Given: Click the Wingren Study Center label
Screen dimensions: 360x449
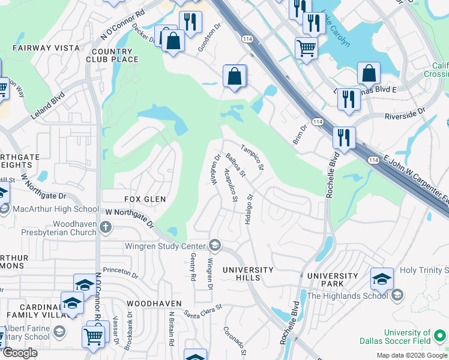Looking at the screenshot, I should click(x=166, y=245).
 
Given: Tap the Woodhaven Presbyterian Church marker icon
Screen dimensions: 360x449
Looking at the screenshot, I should click(x=106, y=227).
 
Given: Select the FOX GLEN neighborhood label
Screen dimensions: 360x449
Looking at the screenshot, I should click(x=128, y=199).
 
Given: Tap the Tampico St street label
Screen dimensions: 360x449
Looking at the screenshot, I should click(x=252, y=157).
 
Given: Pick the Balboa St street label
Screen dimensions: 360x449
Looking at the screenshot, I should click(x=235, y=166).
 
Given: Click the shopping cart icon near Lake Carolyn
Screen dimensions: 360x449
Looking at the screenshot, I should click(x=306, y=47).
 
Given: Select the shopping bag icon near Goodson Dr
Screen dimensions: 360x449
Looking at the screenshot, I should click(x=235, y=76).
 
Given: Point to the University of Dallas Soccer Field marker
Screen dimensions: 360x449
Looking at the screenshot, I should click(x=441, y=334).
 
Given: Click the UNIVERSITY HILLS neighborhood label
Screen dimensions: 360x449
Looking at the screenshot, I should click(x=248, y=274).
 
